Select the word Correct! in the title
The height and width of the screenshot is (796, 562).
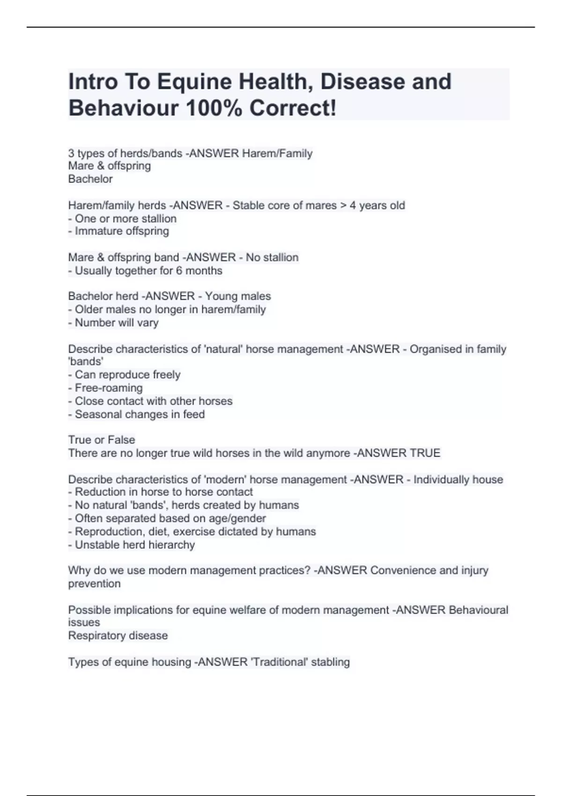click(293, 109)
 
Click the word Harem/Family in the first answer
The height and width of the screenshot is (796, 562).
click(277, 153)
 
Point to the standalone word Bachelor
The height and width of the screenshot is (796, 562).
click(90, 179)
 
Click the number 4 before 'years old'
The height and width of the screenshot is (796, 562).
click(353, 206)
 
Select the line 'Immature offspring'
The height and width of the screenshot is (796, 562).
click(122, 231)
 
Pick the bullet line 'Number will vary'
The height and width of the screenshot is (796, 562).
click(117, 323)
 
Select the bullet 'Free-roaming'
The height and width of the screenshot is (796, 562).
click(109, 388)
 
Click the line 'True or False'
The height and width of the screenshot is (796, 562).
click(102, 440)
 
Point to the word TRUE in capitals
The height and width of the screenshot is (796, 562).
click(425, 453)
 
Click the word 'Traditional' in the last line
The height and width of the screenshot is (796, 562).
click(279, 662)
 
